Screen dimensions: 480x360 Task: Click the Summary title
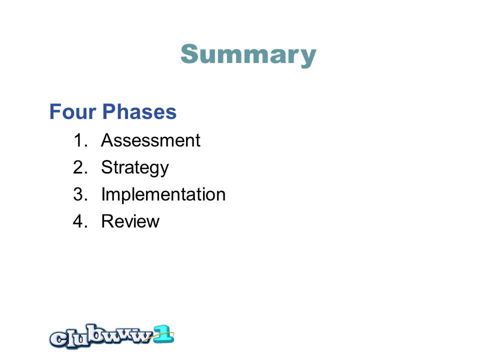pyautogui.click(x=248, y=55)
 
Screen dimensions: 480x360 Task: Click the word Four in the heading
pyautogui.click(x=73, y=111)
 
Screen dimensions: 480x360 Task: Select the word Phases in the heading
pyautogui.click(x=139, y=111)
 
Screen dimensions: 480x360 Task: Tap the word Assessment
pyautogui.click(x=150, y=140)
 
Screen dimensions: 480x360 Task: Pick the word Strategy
pyautogui.click(x=135, y=168)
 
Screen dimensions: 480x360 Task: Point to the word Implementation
pyautogui.click(x=163, y=194)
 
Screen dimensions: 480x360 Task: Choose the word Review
pyautogui.click(x=130, y=221)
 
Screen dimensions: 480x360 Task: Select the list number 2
pyautogui.click(x=80, y=167)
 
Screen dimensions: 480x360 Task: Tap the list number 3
pyautogui.click(x=80, y=194)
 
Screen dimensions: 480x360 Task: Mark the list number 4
pyautogui.click(x=80, y=221)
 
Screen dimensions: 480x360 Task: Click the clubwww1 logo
pyautogui.click(x=111, y=336)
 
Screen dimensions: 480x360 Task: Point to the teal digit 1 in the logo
pyautogui.click(x=164, y=334)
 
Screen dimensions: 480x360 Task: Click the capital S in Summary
pyautogui.click(x=190, y=54)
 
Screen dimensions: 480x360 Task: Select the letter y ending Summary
pyautogui.click(x=306, y=58)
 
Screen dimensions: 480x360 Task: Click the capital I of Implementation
pyautogui.click(x=103, y=194)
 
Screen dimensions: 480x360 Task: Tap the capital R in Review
pyautogui.click(x=108, y=221)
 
